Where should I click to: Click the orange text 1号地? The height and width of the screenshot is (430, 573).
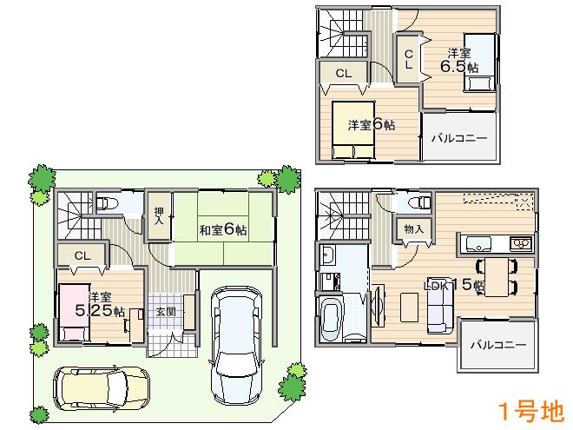[x=528, y=410]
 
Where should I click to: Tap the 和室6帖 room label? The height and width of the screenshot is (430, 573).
[x=223, y=229]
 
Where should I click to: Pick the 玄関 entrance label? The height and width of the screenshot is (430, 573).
[x=166, y=311]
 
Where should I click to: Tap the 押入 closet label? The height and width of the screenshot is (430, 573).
[x=159, y=216]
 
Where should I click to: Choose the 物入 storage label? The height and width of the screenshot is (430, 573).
[x=414, y=228]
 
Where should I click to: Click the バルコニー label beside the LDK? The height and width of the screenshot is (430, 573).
[x=498, y=345]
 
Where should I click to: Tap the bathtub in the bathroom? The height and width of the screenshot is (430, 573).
[x=333, y=321]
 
